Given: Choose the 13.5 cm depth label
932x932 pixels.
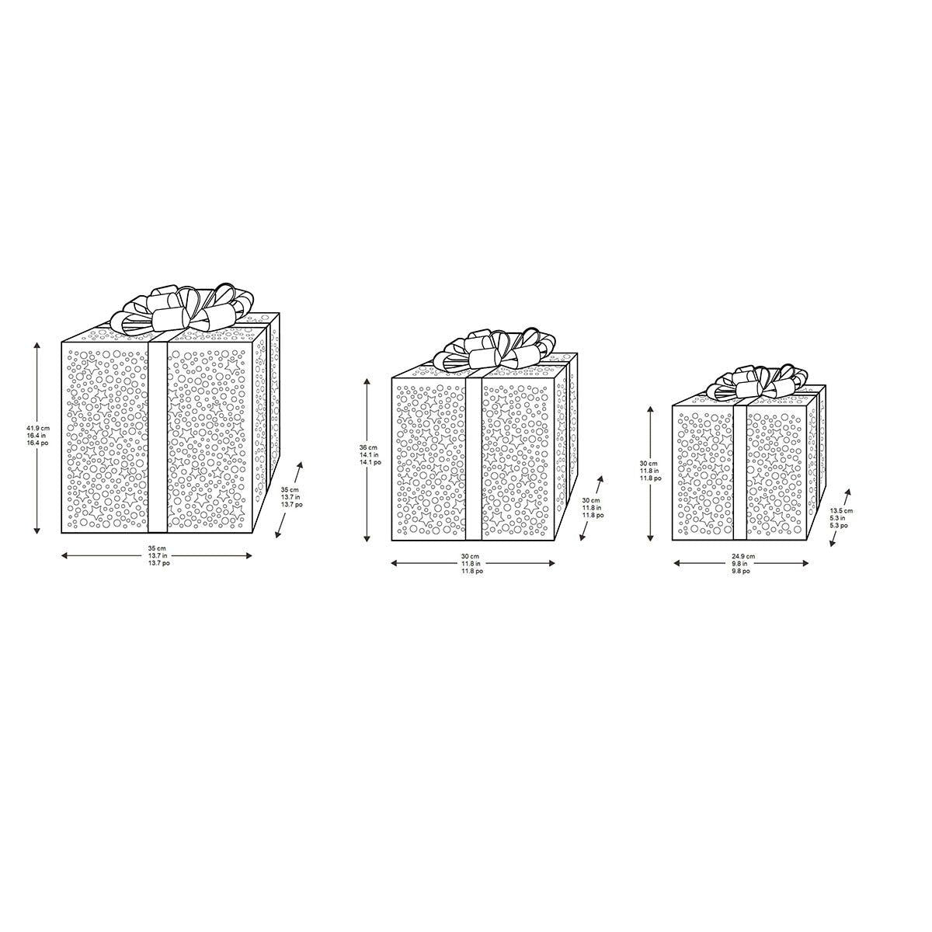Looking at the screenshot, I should click(x=841, y=517).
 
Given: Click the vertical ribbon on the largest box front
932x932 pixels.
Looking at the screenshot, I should click(x=157, y=435).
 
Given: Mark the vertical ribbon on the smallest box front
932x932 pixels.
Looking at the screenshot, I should click(x=741, y=474).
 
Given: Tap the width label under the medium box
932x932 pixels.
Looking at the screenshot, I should click(x=471, y=564).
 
